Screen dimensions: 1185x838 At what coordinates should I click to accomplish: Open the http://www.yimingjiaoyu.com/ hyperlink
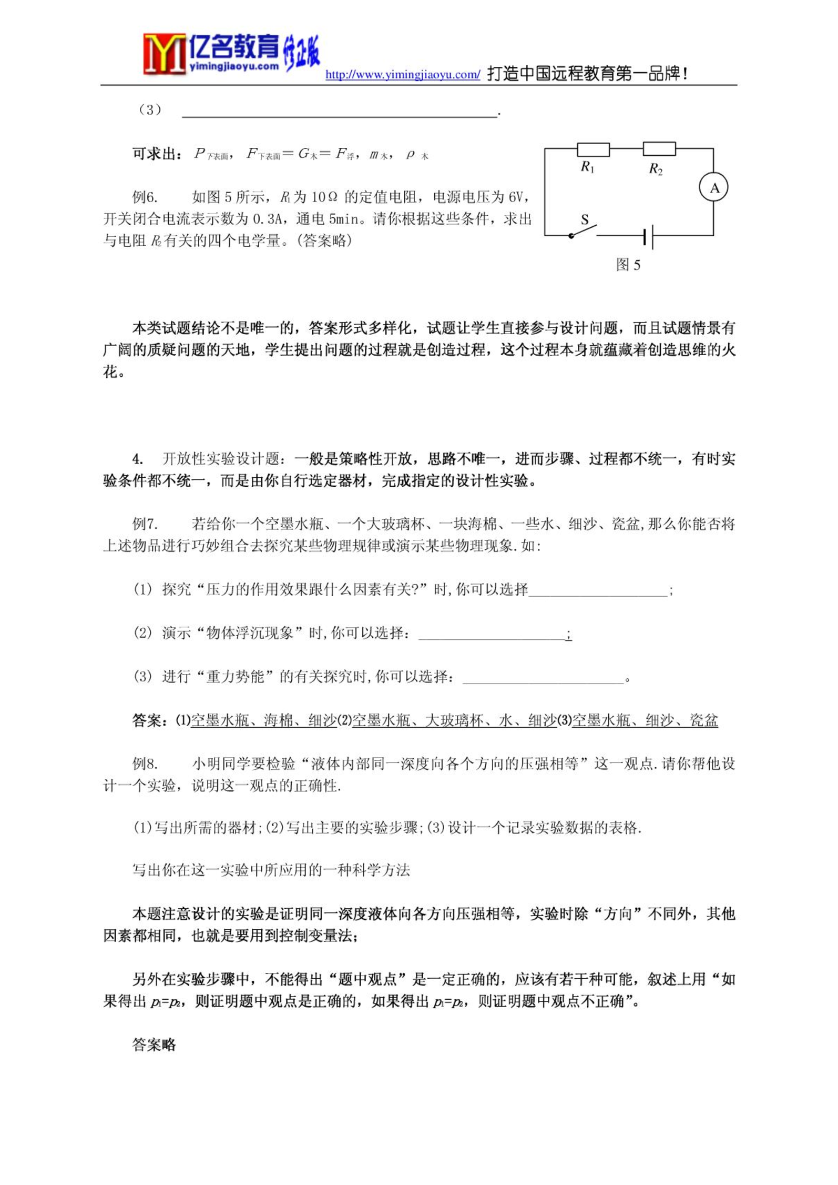coord(403,74)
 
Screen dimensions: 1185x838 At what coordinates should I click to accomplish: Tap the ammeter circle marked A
coord(713,187)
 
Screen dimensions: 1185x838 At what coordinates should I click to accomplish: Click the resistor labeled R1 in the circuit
coord(594,149)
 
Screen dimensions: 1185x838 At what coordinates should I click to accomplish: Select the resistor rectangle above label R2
coord(659,149)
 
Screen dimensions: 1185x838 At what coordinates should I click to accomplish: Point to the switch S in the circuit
coord(584,229)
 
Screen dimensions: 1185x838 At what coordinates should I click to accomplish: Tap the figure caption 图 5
coord(628,265)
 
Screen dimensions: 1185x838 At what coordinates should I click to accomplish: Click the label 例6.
coord(145,197)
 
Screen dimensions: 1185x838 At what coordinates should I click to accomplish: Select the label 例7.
coord(145,524)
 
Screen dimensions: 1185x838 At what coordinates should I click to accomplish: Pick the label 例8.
coord(145,764)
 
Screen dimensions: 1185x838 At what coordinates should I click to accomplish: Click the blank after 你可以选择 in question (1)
coord(598,591)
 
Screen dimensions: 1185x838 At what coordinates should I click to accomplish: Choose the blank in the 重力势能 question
coord(543,678)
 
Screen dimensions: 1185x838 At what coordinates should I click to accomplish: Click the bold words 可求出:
coord(157,154)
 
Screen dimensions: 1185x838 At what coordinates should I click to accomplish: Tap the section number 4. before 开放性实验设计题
coord(138,459)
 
